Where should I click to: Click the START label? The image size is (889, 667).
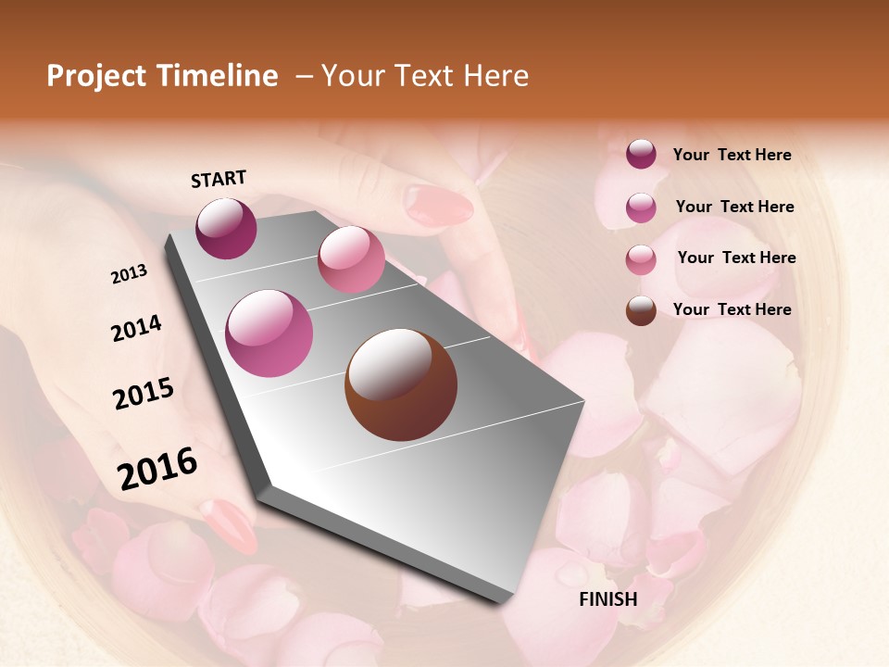coord(219,179)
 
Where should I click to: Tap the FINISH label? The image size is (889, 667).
coord(607,599)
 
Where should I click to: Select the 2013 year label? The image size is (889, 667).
coord(129,274)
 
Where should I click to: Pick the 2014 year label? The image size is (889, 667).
coord(136,329)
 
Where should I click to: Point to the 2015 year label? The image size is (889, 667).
coord(144,394)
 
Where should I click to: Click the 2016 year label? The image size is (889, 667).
coord(157,469)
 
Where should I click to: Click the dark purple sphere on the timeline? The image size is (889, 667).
coord(226,228)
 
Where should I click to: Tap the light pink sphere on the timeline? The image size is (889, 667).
coord(351,259)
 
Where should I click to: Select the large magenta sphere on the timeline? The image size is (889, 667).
coord(269,333)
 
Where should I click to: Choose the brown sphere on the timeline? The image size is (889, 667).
coord(401,384)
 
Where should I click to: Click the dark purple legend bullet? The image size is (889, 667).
coord(641,154)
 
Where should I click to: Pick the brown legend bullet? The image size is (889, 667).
coord(641,310)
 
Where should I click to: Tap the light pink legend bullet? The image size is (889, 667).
coord(641,259)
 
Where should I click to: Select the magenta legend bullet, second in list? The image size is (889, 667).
coord(641,208)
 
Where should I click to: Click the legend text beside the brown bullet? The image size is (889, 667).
coord(732,309)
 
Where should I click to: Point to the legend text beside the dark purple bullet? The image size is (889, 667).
coord(732,155)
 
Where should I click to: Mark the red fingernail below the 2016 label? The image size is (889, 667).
coord(229,525)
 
